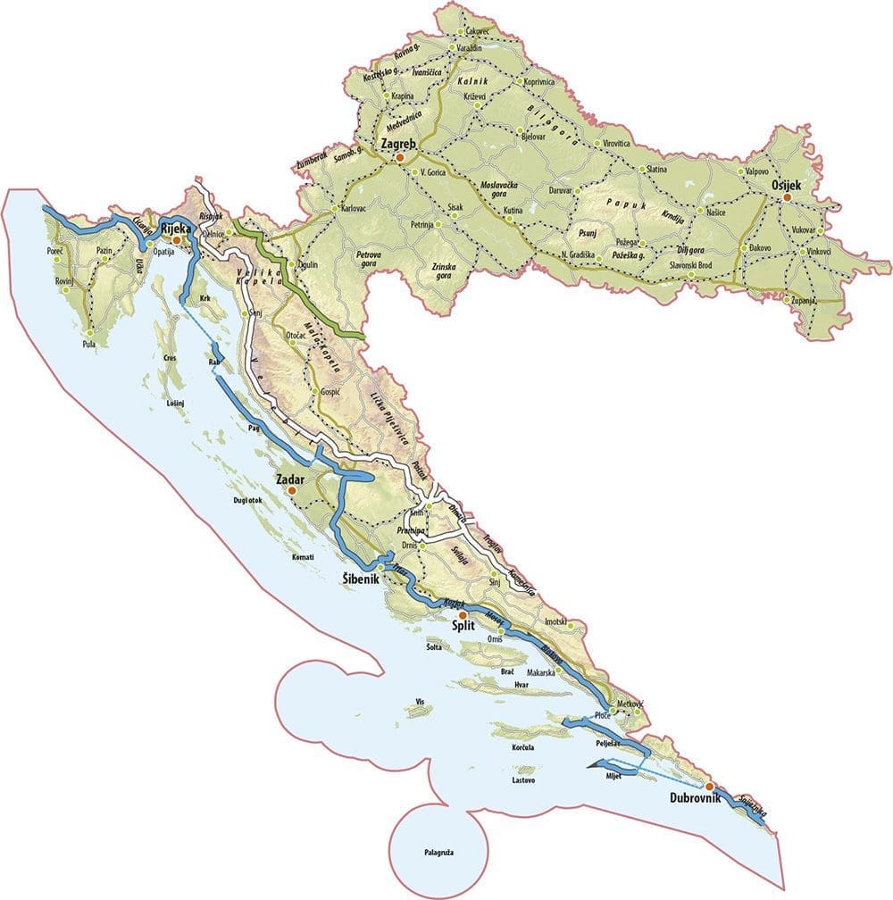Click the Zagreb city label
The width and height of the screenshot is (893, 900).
tap(397, 142)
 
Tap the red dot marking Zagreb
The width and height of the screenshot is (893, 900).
tap(401, 157)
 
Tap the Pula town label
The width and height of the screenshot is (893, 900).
tap(88, 343)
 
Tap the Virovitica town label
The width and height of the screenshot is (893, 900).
tap(617, 143)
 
